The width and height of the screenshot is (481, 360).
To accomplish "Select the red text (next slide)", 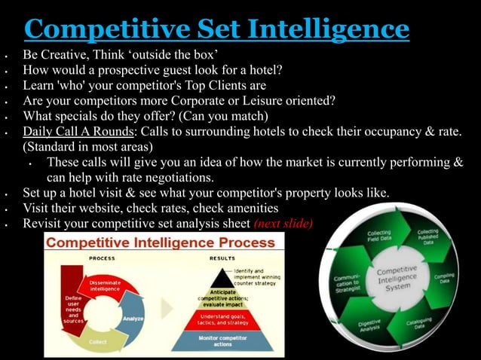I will pos(283,224).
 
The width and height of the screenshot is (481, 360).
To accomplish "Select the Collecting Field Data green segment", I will pos(379,238).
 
